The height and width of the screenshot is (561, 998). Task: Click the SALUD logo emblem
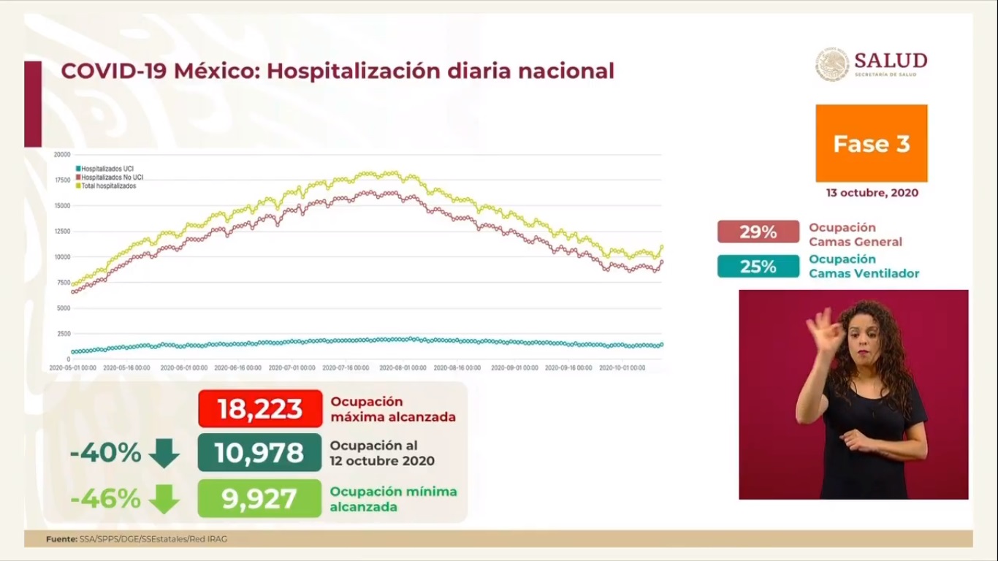click(832, 64)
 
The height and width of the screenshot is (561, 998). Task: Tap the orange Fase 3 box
click(871, 143)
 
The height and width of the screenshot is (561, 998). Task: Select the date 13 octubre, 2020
click(872, 193)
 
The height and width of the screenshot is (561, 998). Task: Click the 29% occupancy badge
click(758, 232)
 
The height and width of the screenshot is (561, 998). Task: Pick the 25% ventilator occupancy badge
click(758, 267)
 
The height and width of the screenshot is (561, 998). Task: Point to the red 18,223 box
click(260, 409)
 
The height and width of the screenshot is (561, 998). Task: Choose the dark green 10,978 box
click(259, 453)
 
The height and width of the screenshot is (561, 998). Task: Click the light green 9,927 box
click(259, 498)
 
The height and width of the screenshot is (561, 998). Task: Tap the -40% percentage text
click(105, 453)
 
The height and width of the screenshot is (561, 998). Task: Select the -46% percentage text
click(105, 498)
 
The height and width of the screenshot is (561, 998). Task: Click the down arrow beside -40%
click(164, 454)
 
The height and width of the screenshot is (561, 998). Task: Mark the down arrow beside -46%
click(164, 499)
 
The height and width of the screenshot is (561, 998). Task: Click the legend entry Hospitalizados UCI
click(107, 169)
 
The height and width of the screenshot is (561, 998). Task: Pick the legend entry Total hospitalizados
click(109, 186)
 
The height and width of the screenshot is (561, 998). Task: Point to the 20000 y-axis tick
click(62, 154)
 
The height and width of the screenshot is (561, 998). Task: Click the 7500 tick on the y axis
click(64, 283)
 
